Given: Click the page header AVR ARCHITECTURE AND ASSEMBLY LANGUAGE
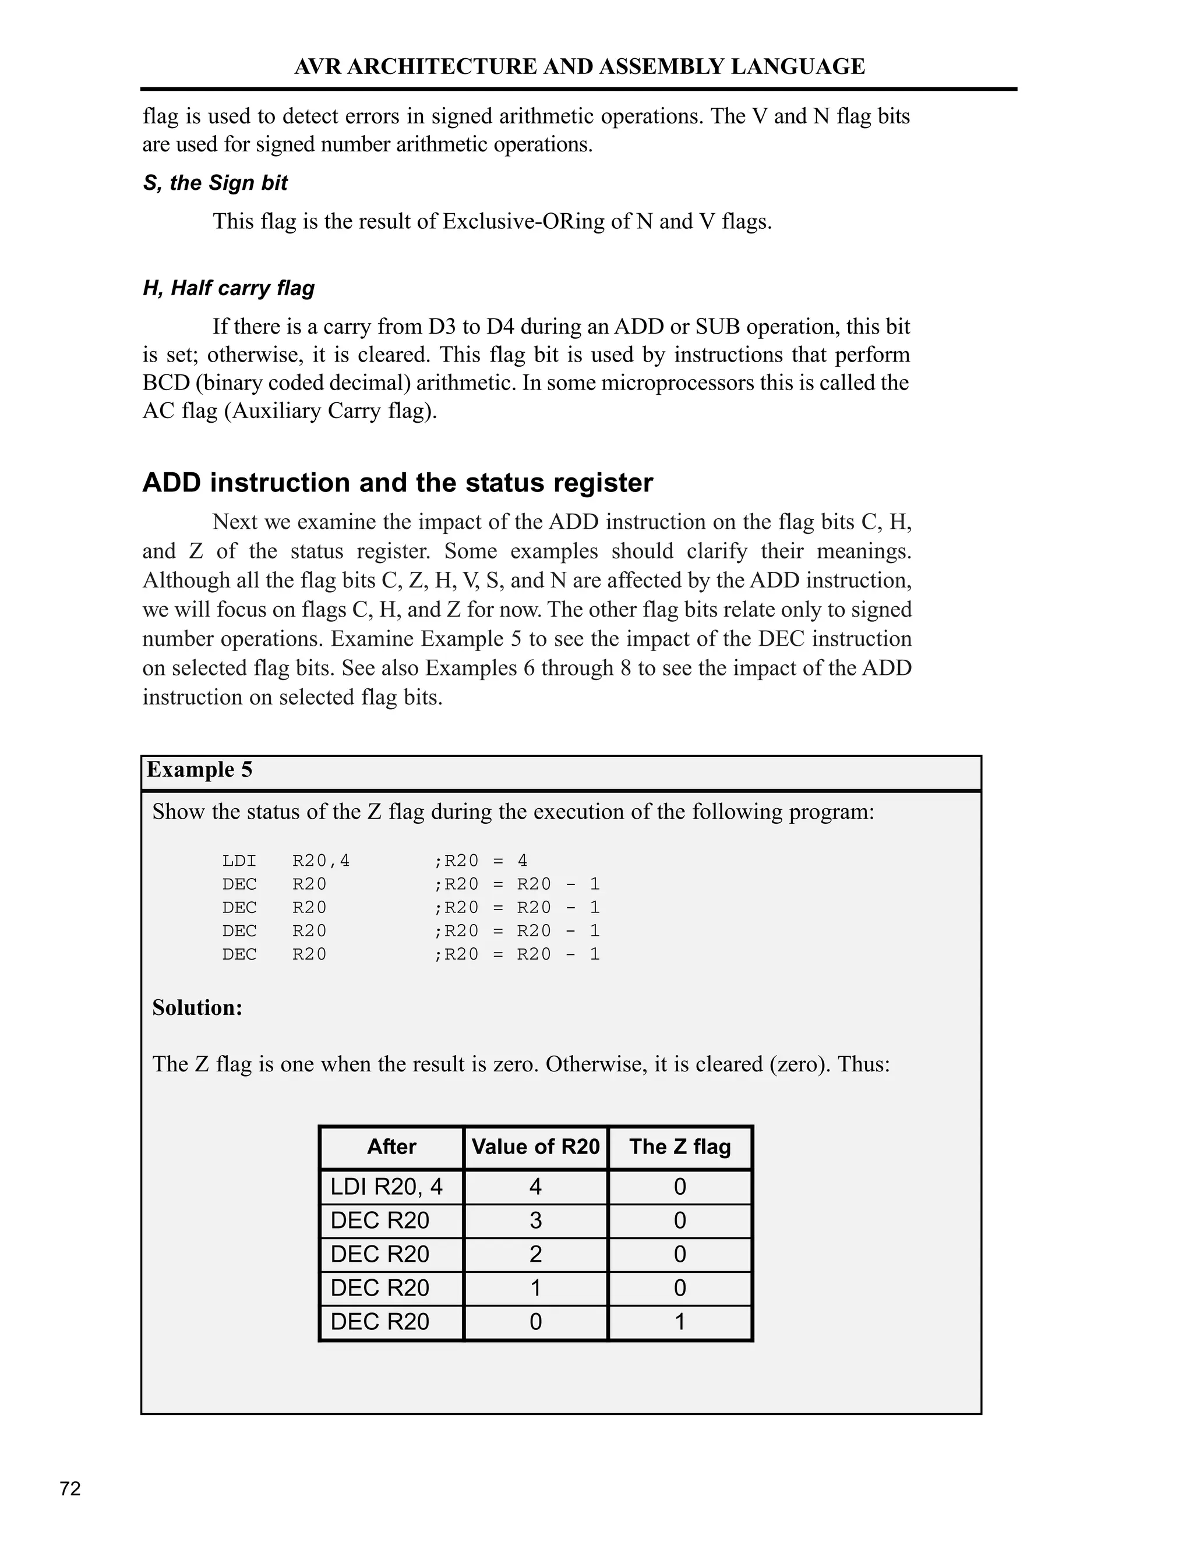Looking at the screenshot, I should tap(579, 66).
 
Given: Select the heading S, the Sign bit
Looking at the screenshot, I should tap(215, 183).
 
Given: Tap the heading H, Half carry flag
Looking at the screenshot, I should tap(228, 288).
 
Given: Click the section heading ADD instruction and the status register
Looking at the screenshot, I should tap(397, 483).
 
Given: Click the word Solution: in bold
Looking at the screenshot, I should tap(197, 1007).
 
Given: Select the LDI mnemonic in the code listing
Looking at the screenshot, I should tap(239, 861).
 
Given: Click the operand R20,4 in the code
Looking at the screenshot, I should tap(321, 861).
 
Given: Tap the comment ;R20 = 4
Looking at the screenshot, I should tap(481, 861).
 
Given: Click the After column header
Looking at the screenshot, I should tap(391, 1146).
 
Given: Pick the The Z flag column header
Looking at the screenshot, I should tap(680, 1146).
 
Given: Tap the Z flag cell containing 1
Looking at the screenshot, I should tap(680, 1322).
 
